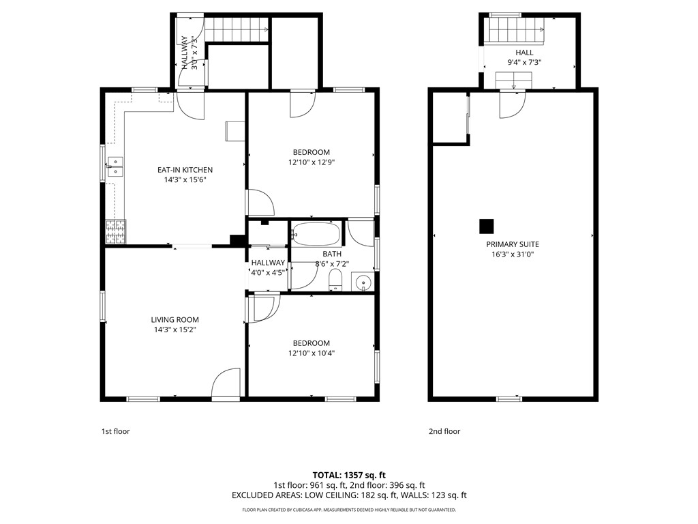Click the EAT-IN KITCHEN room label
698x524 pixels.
(x=185, y=170)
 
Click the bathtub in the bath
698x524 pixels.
(x=316, y=235)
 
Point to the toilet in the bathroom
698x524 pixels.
(x=335, y=280)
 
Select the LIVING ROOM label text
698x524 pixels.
(x=174, y=319)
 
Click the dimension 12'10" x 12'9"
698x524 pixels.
(x=312, y=162)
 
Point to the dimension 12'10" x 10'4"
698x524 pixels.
(x=312, y=353)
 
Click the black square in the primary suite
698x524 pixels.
(x=486, y=225)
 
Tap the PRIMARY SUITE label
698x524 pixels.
(x=513, y=244)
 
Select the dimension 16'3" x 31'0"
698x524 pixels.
(x=513, y=254)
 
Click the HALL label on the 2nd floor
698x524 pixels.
(x=524, y=53)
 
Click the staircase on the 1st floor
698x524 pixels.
(x=237, y=29)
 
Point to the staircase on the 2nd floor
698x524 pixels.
(x=516, y=30)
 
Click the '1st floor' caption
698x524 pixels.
(x=115, y=431)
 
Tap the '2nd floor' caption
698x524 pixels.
(x=444, y=431)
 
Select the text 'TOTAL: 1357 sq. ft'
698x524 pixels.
(x=349, y=475)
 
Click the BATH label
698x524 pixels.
(x=322, y=254)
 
